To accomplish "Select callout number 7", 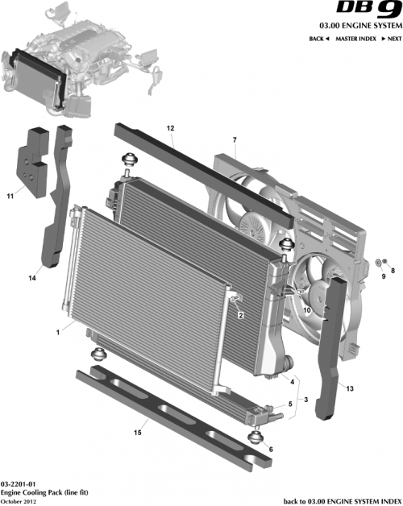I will [234, 142].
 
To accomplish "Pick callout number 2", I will [240, 317].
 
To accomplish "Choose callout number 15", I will [137, 433].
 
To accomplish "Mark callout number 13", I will [350, 388].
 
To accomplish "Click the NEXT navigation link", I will [391, 39].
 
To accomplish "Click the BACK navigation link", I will [319, 39].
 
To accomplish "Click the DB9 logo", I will [369, 10].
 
